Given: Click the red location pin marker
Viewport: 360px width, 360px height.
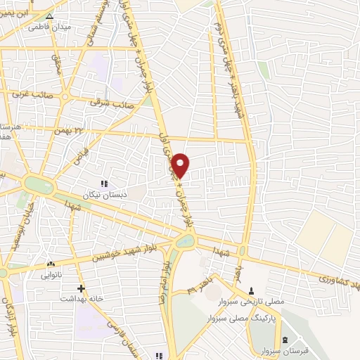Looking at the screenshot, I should [x=181, y=165].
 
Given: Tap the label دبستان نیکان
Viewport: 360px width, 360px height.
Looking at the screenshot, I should [x=105, y=193].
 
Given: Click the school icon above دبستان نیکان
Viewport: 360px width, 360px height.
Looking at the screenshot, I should [x=105, y=181].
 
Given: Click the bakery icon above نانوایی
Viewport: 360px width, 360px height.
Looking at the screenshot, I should [x=49, y=264].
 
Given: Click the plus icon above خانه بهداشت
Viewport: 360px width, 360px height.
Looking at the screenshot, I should [x=82, y=288].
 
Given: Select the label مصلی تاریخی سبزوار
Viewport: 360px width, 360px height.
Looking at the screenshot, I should [x=259, y=301].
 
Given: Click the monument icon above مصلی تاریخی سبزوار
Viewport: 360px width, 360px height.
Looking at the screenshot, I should [x=252, y=290].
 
